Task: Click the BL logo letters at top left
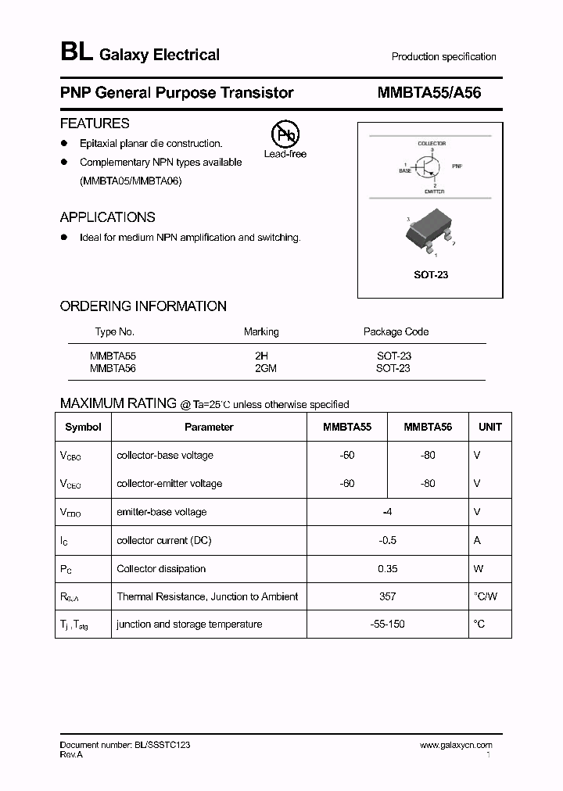point(76,53)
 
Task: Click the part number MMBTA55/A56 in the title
point(429,92)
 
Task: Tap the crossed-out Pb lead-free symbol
point(285,134)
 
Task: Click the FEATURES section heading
point(95,123)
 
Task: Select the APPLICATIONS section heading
point(108,217)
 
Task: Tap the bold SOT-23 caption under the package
point(431,275)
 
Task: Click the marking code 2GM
point(266,367)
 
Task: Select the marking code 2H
point(261,356)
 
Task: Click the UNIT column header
point(489,427)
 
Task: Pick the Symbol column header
point(83,427)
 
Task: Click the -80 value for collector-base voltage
point(428,455)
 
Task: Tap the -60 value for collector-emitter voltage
point(347,483)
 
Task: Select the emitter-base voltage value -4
point(387,512)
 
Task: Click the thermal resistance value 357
point(387,596)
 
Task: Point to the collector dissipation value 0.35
point(387,568)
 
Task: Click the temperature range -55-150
point(387,624)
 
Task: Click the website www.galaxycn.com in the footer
point(456,745)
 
